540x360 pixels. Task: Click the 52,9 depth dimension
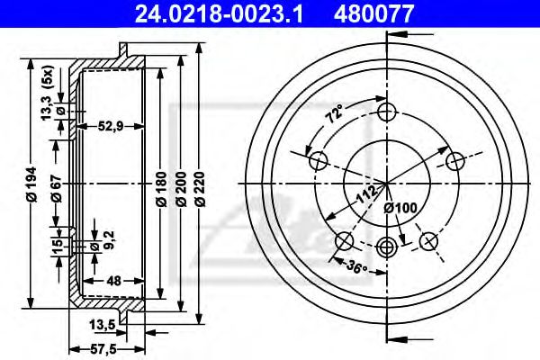point(111,126)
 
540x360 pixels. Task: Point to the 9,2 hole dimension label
point(108,240)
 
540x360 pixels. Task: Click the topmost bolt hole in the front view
point(388,112)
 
